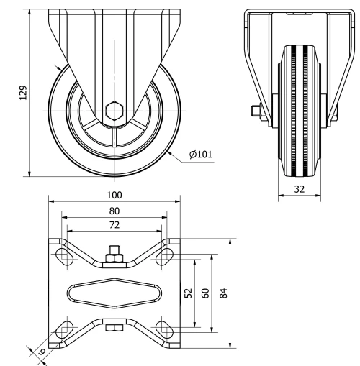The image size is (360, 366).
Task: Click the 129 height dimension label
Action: (x=22, y=91)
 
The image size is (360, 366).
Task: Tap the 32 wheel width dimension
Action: (x=299, y=189)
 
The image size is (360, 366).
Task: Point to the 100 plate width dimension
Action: (x=114, y=195)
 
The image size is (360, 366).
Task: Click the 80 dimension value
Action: (x=114, y=211)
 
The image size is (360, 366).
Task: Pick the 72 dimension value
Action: (x=114, y=225)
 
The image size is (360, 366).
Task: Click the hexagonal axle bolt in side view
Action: (x=113, y=111)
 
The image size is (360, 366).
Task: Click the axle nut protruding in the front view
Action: (x=255, y=111)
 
